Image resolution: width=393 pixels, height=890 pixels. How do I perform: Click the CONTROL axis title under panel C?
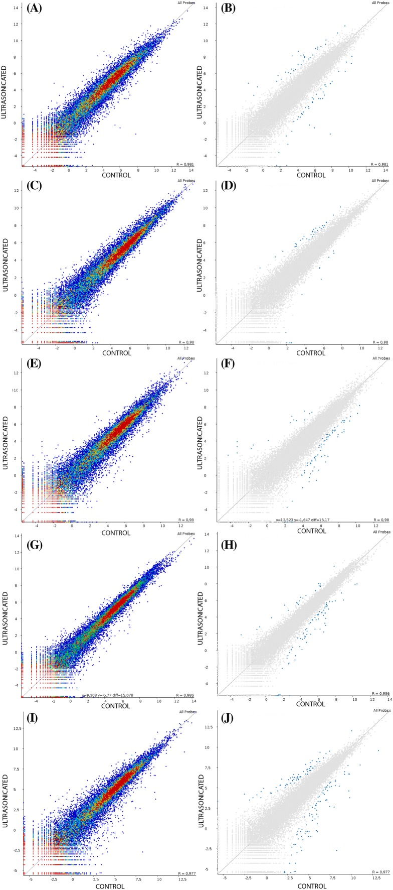117,352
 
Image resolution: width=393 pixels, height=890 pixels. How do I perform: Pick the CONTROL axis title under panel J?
312,886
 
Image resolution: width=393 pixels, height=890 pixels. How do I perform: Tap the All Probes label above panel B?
380,3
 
